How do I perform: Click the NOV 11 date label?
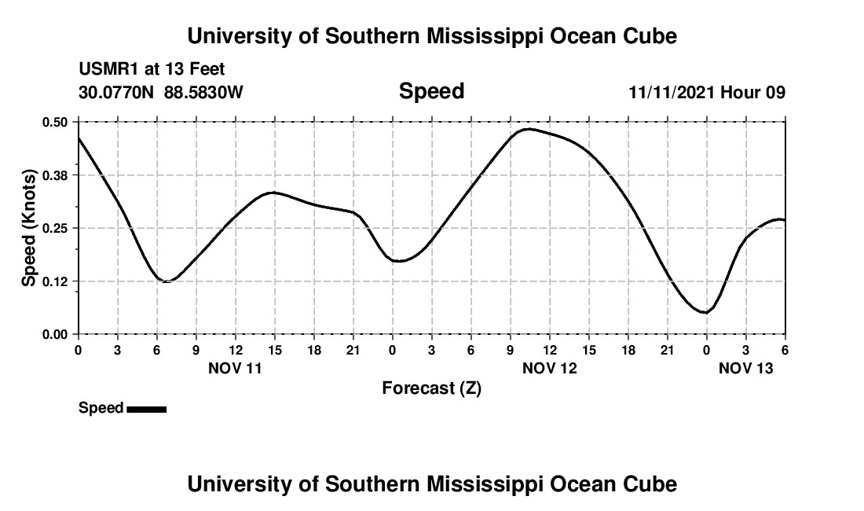[x=235, y=367]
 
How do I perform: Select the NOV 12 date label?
[x=550, y=367]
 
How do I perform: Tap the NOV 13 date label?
[x=746, y=367]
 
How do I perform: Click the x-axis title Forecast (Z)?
[x=431, y=388]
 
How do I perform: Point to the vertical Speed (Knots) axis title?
[x=28, y=228]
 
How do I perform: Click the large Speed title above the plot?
[x=431, y=91]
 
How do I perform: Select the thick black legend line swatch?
[x=146, y=409]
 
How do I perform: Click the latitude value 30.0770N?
[x=118, y=92]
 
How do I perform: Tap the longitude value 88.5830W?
[x=203, y=92]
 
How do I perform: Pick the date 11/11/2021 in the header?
[x=672, y=92]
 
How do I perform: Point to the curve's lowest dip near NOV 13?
[x=705, y=312]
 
